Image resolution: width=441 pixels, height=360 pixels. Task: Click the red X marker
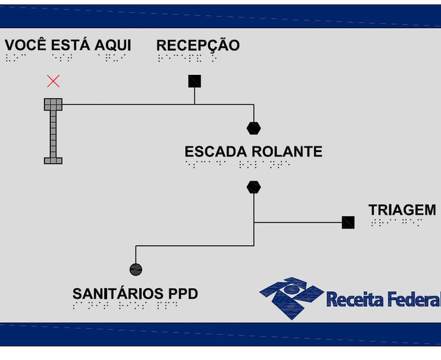53,81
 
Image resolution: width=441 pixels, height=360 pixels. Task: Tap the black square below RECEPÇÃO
194,81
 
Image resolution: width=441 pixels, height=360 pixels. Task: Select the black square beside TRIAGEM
348,222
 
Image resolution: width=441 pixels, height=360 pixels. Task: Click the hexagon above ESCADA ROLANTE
253,128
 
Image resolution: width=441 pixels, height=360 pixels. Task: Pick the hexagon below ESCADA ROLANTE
253,187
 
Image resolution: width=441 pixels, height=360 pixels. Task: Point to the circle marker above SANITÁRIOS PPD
136,270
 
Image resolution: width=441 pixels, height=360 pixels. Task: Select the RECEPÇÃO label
198,46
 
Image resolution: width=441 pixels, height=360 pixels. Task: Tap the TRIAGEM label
402,210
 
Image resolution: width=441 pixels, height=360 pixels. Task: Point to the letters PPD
183,294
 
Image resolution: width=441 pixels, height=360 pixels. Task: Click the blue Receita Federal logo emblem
291,297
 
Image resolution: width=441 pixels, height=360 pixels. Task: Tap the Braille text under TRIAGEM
396,222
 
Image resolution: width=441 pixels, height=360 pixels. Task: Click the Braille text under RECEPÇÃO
187,58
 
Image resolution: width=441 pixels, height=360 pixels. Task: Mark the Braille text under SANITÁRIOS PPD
125,305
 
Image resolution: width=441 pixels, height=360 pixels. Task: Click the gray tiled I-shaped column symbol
53,131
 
